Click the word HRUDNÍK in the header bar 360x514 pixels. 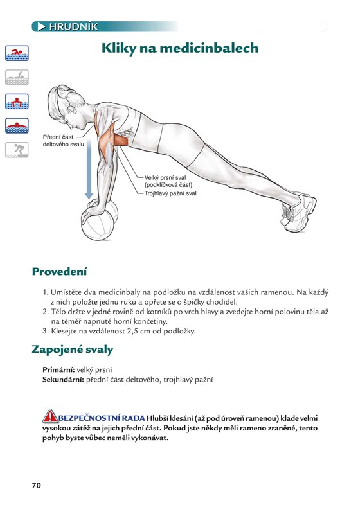[73, 26]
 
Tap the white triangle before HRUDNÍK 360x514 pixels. [41, 26]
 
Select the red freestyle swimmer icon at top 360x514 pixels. [17, 53]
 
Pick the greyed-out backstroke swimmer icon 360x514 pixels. [17, 77]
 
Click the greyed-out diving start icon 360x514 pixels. [17, 150]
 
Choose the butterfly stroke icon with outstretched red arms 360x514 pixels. [17, 125]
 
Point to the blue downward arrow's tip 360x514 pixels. [89, 199]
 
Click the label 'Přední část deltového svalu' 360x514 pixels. [63, 141]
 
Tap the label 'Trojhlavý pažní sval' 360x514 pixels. [170, 193]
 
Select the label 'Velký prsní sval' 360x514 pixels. [165, 178]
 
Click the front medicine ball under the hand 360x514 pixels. [98, 226]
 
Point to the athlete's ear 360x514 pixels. [72, 109]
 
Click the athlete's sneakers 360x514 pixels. [299, 211]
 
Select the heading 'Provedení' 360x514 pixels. [59, 271]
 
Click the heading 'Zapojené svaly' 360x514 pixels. [73, 350]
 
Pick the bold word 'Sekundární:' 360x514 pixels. [63, 380]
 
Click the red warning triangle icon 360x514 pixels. [50, 416]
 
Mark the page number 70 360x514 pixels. [37, 486]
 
